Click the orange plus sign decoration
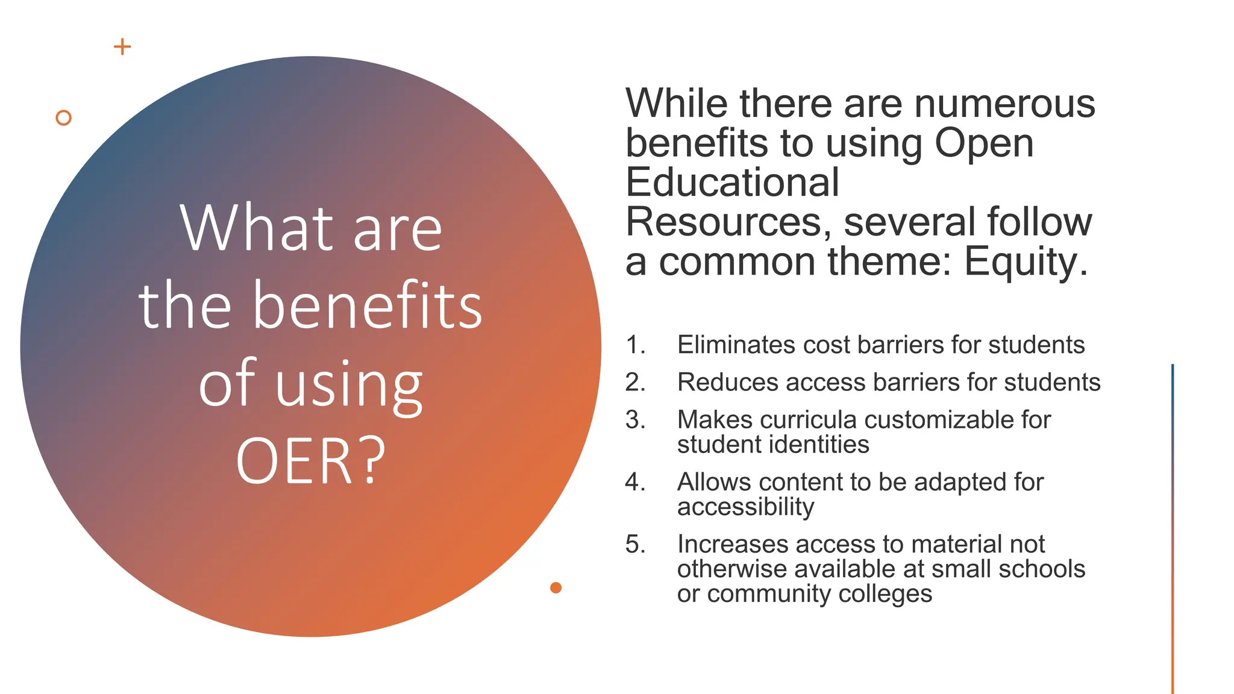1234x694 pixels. click(x=122, y=47)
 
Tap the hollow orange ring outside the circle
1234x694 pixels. click(x=63, y=117)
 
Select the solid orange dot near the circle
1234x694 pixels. click(x=556, y=587)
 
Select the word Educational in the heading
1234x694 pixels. click(x=732, y=183)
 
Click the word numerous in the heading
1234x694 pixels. click(x=1004, y=104)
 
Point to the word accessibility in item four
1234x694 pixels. click(x=745, y=507)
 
